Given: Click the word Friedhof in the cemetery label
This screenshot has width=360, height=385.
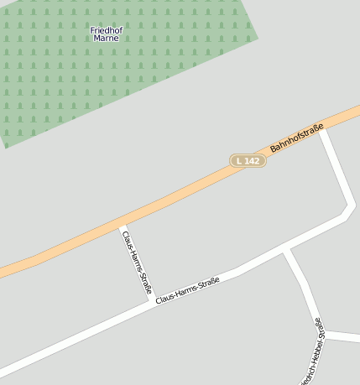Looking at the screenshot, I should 106,29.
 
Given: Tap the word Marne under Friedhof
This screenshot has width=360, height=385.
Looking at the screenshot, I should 106,39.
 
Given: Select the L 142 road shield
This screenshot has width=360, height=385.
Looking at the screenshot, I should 248,160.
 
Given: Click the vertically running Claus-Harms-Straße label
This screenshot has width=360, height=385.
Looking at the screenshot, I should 136,261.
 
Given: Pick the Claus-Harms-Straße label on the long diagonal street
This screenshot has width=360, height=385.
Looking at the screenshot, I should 187,290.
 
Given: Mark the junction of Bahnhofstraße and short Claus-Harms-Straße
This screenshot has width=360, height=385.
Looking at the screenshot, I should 122,224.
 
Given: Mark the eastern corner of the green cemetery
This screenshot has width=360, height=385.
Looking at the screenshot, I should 258,37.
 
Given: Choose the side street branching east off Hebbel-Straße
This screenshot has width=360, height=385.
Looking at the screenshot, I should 344,337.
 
